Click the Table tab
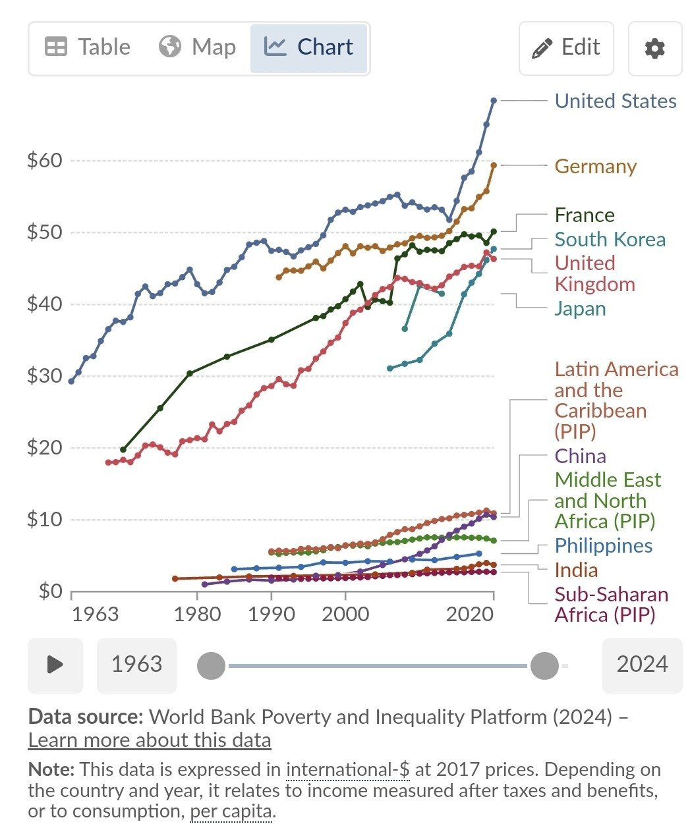(88, 47)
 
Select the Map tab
(197, 47)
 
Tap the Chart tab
(308, 47)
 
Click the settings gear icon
(654, 49)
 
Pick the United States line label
(616, 101)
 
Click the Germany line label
(595, 166)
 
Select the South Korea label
(610, 239)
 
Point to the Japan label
(580, 308)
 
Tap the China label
(580, 456)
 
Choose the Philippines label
(603, 545)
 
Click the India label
(576, 570)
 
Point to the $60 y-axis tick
(45, 161)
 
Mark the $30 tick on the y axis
(45, 376)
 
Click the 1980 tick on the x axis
(196, 614)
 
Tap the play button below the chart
(55, 665)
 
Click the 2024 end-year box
(642, 665)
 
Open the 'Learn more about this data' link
(150, 740)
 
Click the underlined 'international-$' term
(348, 769)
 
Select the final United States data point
(494, 100)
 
